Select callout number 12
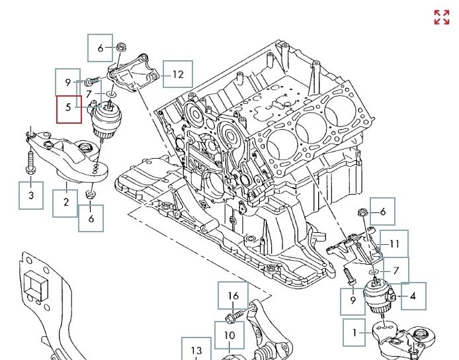click(178, 74)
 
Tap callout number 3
click(30, 196)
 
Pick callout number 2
click(65, 203)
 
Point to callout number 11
click(394, 244)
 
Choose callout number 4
click(413, 296)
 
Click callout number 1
click(355, 333)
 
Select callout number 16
click(233, 296)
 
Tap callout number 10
click(229, 336)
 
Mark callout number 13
click(196, 350)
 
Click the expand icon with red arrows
click(441, 17)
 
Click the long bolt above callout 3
click(31, 162)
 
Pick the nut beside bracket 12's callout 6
click(121, 47)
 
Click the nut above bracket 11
click(362, 213)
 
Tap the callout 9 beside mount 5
click(67, 82)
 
